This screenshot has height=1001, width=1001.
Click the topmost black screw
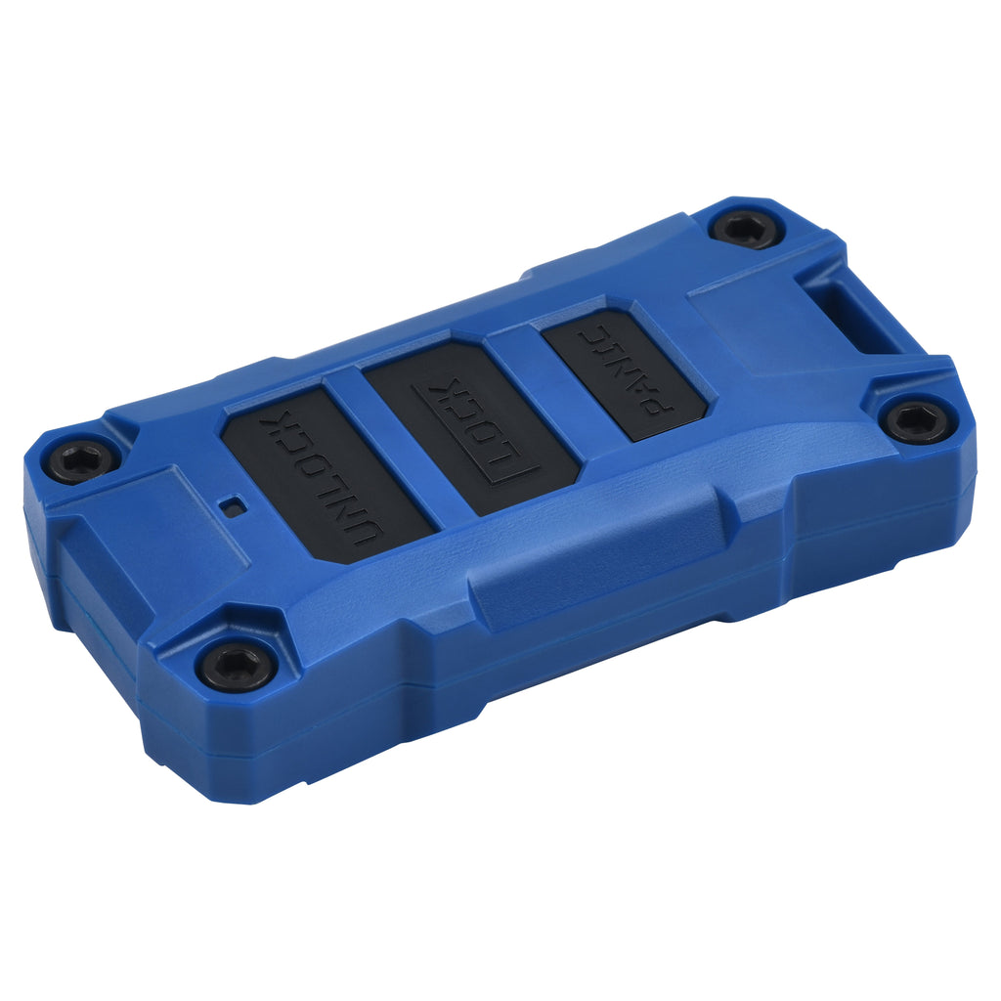coord(746,228)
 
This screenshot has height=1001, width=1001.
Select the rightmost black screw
coord(916,420)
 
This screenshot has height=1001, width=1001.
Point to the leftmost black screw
coord(79,460)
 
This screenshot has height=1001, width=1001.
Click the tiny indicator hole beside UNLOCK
coord(233,506)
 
